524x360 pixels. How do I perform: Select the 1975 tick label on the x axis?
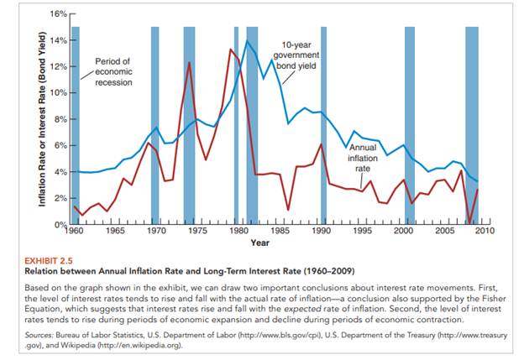(196, 230)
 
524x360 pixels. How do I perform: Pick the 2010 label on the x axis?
(484, 230)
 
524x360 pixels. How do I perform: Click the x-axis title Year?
(259, 243)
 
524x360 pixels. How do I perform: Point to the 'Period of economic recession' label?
(113, 71)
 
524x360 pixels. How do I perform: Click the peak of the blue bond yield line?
(247, 41)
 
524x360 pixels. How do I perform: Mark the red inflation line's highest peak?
(230, 50)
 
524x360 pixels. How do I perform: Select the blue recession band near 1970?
(155, 126)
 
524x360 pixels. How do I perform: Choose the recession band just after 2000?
(410, 126)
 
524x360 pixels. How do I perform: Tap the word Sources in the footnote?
(41, 334)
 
